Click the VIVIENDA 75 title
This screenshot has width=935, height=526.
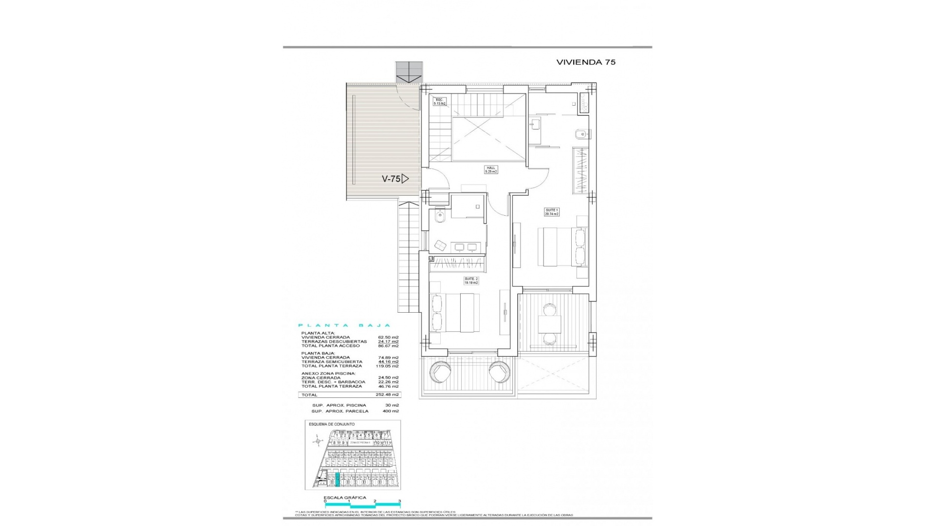586,62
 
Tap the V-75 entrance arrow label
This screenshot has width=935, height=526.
395,179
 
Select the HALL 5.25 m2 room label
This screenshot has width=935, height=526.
490,170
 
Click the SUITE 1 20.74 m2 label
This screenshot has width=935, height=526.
552,212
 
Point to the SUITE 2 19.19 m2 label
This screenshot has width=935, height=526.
471,281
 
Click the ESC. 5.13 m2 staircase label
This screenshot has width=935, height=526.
440,102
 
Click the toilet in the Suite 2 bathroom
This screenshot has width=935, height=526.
440,215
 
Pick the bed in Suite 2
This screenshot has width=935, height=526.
455,313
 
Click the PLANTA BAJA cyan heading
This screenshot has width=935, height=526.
344,325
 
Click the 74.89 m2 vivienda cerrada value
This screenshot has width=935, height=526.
388,357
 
